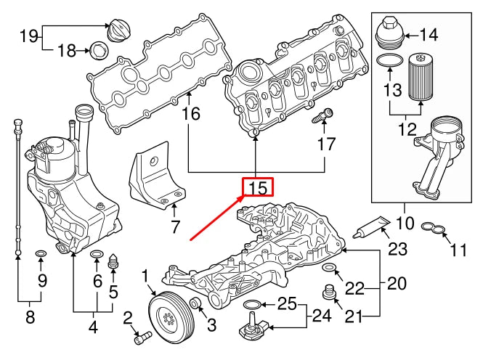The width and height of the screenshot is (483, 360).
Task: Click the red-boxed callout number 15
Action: click(257, 188)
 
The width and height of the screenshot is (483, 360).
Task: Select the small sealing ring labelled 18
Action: click(98, 51)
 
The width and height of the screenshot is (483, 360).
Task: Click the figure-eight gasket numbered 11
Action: click(434, 231)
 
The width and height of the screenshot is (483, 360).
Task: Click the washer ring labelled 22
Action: click(329, 270)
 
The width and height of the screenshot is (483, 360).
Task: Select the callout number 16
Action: click(190, 114)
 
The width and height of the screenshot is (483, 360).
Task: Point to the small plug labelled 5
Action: click(113, 261)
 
